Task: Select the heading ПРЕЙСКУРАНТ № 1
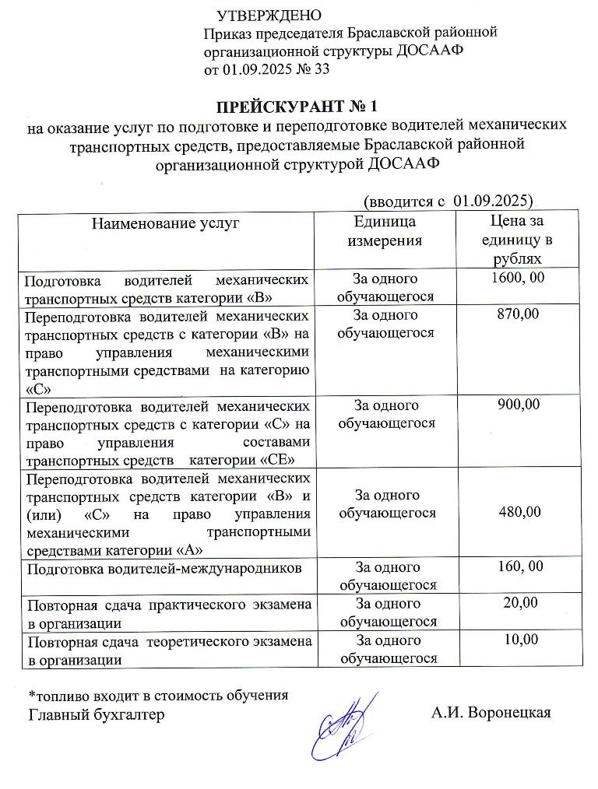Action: pyautogui.click(x=297, y=105)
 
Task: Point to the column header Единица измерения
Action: pyautogui.click(x=385, y=231)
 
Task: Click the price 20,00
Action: pyautogui.click(x=519, y=603)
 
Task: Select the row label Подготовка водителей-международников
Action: pyautogui.click(x=164, y=568)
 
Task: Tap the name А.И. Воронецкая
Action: pyautogui.click(x=491, y=714)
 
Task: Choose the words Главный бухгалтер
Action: pyautogui.click(x=97, y=714)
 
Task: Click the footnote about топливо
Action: pyautogui.click(x=158, y=695)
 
